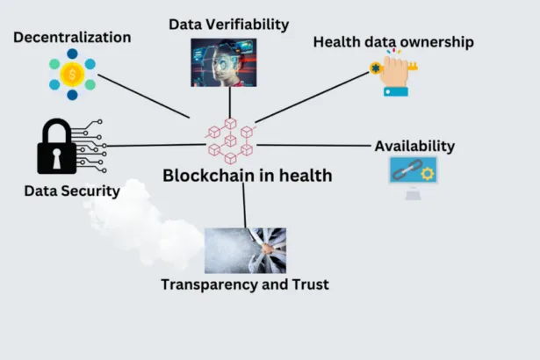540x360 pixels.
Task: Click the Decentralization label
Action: [x=72, y=38]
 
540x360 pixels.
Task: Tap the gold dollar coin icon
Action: [x=72, y=75]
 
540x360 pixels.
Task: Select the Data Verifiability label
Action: [x=228, y=24]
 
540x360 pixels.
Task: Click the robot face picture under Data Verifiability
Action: [x=223, y=62]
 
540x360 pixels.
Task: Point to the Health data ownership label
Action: [x=393, y=41]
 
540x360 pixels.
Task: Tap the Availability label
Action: [x=414, y=146]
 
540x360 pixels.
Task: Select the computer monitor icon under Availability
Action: [x=413, y=174]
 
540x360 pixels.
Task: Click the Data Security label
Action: [x=72, y=190]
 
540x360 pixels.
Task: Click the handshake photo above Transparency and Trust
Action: [x=245, y=250]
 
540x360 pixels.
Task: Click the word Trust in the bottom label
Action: [x=310, y=284]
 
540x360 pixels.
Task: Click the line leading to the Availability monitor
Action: [x=316, y=145]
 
